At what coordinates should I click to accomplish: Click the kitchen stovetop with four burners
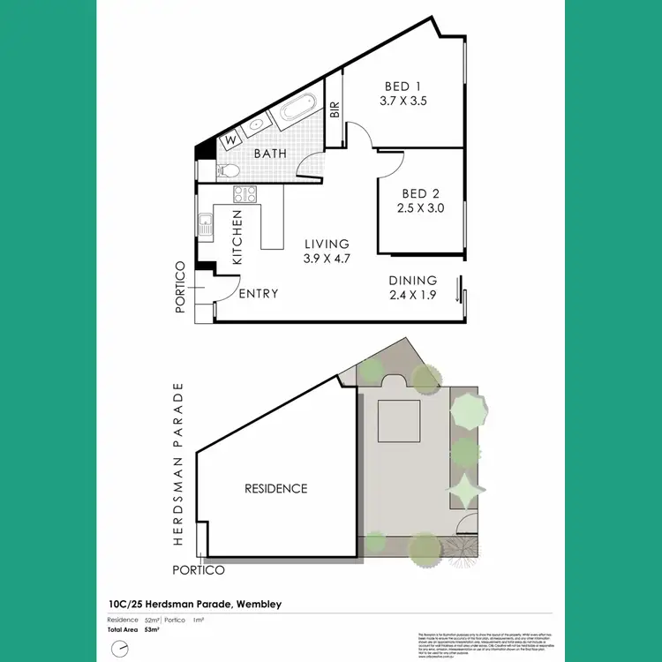244,194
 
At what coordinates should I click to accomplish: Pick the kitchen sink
206,224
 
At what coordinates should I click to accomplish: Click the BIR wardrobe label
335,111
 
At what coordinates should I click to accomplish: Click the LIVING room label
327,244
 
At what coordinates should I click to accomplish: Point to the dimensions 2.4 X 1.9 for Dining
413,296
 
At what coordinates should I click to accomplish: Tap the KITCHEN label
237,237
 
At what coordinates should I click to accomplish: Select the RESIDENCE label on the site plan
276,488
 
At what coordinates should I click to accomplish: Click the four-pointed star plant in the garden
463,487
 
